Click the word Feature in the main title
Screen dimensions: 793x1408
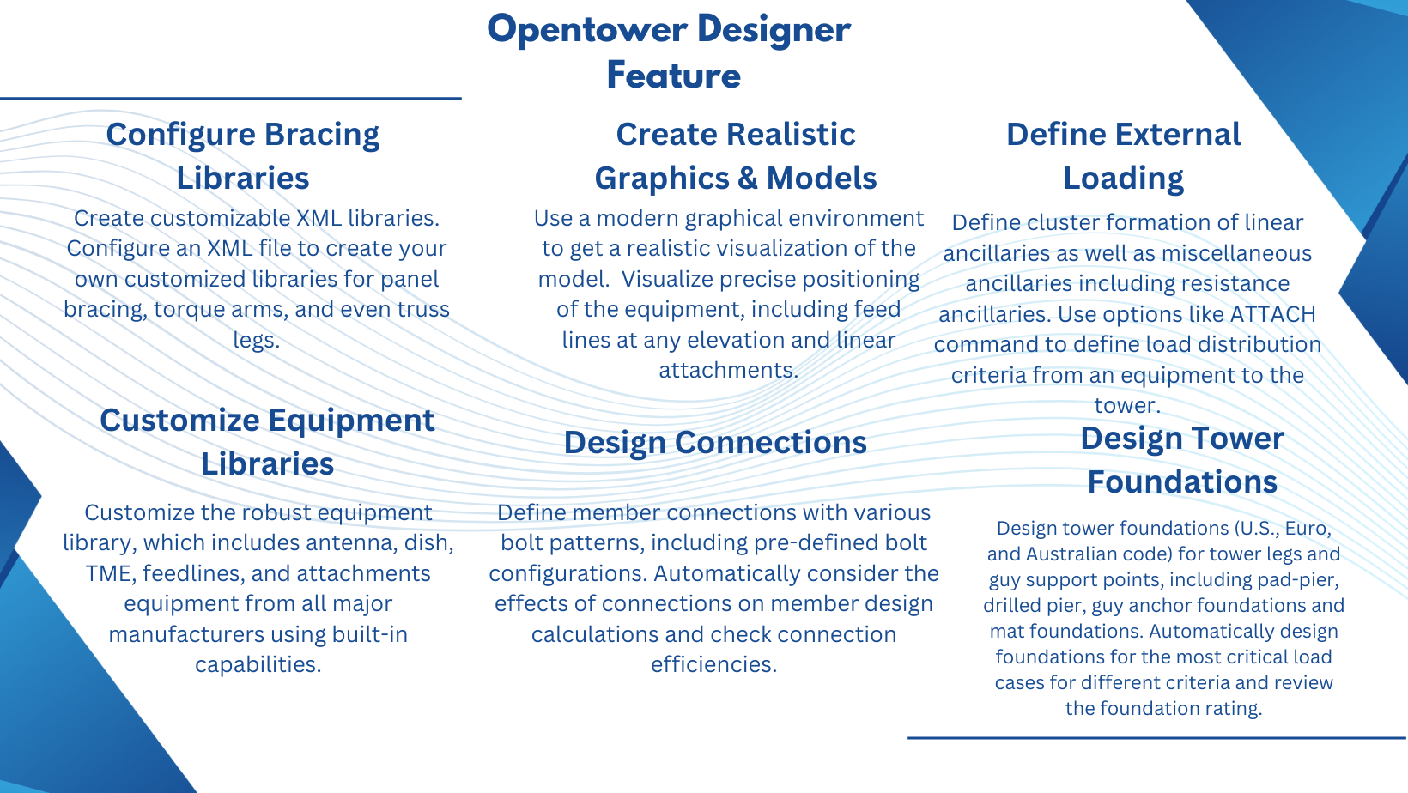pos(673,76)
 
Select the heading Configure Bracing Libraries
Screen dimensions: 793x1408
pos(243,156)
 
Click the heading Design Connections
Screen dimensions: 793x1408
pos(715,443)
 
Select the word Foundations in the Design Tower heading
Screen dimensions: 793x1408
pos(1182,482)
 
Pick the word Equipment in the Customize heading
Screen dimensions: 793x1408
pos(351,421)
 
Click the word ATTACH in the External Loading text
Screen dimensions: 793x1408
pos(1272,314)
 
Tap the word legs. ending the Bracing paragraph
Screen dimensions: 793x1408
pos(256,340)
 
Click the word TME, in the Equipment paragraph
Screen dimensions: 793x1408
pos(110,573)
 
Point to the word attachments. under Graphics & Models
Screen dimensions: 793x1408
pos(728,370)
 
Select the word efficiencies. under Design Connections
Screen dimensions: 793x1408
pos(713,664)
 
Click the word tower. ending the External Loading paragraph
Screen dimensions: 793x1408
pos(1127,405)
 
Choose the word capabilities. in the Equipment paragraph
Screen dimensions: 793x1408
pos(258,664)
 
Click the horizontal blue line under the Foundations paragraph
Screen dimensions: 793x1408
pos(1150,737)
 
